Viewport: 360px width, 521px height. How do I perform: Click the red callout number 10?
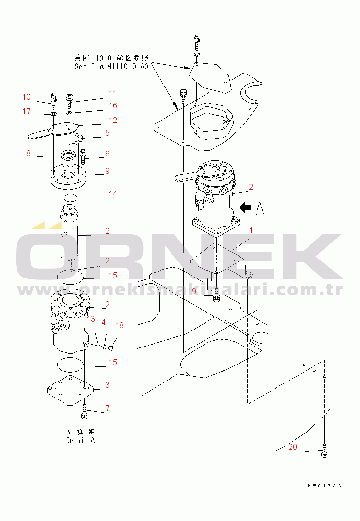click(26, 97)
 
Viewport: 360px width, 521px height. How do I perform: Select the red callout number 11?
click(112, 94)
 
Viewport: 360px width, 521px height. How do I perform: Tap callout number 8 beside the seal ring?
click(28, 153)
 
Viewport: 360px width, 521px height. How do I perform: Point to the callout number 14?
click(113, 194)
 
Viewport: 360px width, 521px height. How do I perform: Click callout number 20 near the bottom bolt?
click(293, 447)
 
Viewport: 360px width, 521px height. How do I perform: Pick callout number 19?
click(192, 292)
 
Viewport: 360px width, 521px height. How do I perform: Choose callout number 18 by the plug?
click(120, 325)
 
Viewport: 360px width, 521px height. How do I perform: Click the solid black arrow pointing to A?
click(245, 208)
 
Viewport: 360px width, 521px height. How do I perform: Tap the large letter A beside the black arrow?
click(260, 208)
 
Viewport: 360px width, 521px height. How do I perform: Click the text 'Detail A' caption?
click(80, 441)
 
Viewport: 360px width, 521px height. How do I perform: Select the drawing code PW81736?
click(324, 486)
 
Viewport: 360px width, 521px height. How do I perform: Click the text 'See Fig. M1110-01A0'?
click(111, 67)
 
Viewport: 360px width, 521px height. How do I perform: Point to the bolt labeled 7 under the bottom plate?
click(84, 412)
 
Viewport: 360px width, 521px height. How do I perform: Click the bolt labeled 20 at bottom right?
click(324, 451)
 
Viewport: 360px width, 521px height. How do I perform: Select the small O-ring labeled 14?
click(70, 198)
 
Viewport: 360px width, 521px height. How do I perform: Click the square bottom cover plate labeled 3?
click(70, 391)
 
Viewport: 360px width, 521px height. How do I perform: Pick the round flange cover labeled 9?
click(69, 176)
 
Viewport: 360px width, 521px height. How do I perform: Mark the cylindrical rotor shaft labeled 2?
click(69, 233)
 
